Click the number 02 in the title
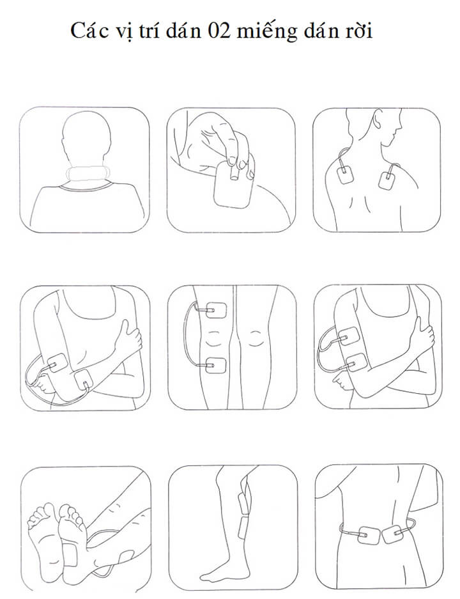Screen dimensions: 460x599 tap(220, 31)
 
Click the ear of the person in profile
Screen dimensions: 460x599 tap(378, 120)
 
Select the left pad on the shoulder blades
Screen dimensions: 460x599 tap(346, 174)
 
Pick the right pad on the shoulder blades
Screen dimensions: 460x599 tap(388, 180)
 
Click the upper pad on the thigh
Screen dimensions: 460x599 tap(216, 310)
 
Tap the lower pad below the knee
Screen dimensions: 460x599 tap(216, 365)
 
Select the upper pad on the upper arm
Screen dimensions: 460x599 tap(348, 336)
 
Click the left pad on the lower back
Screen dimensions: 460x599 tap(369, 535)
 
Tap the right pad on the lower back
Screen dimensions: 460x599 tap(394, 533)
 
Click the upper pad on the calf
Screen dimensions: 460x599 tap(243, 503)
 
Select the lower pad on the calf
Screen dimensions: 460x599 tap(243, 527)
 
